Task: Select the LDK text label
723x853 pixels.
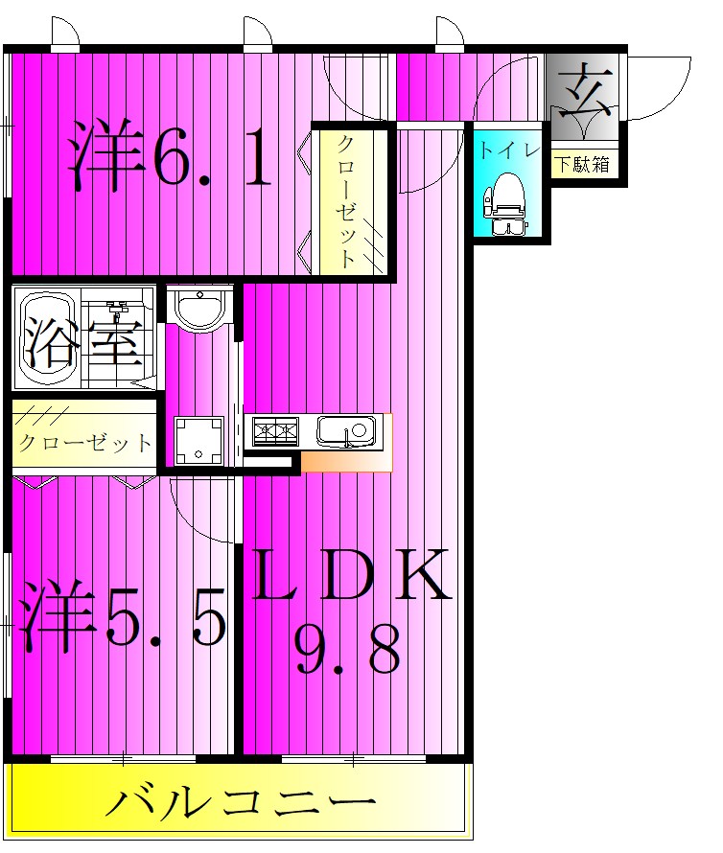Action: pos(351,575)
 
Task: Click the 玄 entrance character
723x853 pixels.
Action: pos(582,89)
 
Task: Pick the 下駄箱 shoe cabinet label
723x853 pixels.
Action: pos(583,164)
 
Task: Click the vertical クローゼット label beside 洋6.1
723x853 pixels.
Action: pos(349,201)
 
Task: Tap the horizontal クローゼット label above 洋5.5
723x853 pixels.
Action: pos(84,444)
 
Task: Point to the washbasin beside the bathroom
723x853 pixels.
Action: pos(199,307)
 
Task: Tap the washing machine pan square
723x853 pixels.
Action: pos(198,440)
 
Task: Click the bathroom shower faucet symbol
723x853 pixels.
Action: pos(118,311)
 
